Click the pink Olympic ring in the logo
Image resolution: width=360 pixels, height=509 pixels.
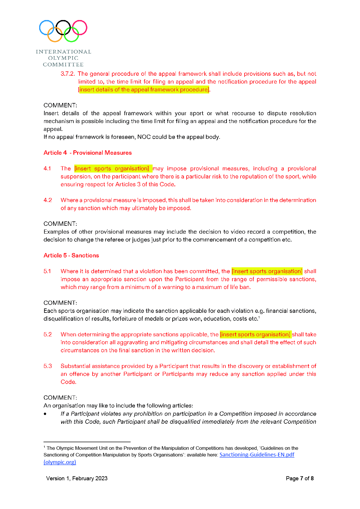pos(79,28)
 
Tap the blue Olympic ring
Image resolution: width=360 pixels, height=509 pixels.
pos(47,28)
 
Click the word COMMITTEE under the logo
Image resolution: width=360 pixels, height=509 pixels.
pos(63,64)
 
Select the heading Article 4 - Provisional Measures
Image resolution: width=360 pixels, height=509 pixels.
pos(87,153)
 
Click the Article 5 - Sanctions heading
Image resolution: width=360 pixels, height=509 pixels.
pos(71,255)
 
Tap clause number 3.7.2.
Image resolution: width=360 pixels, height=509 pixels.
pos(68,74)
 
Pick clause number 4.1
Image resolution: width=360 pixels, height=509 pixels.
pos(47,169)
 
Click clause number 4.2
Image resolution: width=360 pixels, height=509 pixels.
pos(48,200)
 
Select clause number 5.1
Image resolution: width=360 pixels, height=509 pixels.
pos(47,271)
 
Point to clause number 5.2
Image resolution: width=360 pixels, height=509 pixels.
pos(48,335)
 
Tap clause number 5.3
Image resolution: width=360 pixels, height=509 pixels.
pos(48,366)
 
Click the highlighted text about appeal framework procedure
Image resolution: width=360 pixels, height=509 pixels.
pos(144,90)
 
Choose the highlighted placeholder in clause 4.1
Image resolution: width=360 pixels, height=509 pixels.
pos(112,169)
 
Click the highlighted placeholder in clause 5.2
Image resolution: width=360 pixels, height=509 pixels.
pos(255,335)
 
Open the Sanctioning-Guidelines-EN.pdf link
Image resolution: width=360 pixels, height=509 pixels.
pos(257,455)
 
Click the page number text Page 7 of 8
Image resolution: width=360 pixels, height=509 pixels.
pos(300,479)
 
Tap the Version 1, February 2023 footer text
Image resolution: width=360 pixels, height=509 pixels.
pos(77,479)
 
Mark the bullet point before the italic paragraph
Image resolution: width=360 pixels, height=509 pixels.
pos(45,414)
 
